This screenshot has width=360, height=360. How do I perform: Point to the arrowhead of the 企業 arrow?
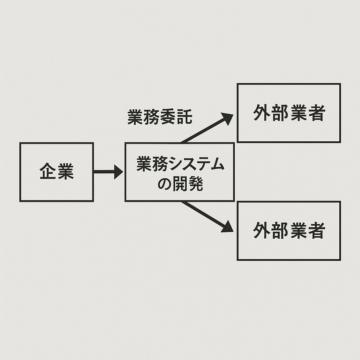point(118,172)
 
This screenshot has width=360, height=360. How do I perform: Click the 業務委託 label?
point(160,117)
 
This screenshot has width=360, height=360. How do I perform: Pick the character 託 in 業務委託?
point(185,117)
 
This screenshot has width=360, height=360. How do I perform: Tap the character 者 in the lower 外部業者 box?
point(316,231)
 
